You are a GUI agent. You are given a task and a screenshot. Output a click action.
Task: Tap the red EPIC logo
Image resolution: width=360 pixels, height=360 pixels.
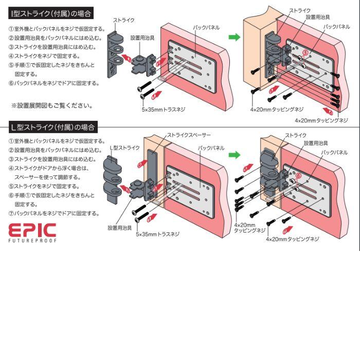(x=32, y=230)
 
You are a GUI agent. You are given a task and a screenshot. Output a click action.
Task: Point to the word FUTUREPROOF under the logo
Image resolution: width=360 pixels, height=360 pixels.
(x=32, y=240)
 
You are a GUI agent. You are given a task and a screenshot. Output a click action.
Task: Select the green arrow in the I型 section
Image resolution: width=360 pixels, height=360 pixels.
(x=234, y=37)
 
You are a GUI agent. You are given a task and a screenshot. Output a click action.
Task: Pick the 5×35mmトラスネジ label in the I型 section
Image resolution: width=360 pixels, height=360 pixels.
(x=164, y=110)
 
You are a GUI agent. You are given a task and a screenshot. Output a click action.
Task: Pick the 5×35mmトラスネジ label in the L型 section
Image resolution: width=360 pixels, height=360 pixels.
(x=158, y=234)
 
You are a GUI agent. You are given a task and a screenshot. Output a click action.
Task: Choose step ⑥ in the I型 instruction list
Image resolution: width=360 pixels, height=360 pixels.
(x=54, y=83)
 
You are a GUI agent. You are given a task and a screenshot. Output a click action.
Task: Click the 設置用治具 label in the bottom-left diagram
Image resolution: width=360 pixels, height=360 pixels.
(x=120, y=227)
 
